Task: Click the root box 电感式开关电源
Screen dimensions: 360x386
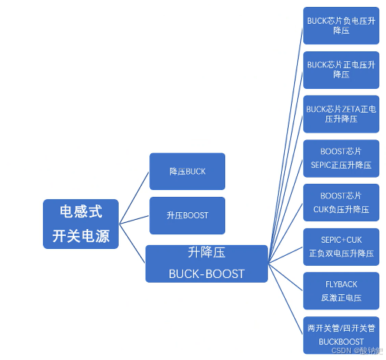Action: tap(80, 224)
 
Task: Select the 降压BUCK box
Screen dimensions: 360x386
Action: tap(187, 171)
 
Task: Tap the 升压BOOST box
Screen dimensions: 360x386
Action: tap(187, 215)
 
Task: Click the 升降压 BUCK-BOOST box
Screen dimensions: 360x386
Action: tap(206, 263)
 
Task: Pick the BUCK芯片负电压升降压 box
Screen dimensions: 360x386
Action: tap(341, 25)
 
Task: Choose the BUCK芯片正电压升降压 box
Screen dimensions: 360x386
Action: tap(341, 70)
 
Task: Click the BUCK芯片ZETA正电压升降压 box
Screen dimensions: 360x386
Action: tap(341, 113)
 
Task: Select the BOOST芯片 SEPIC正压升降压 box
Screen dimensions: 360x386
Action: tap(341, 158)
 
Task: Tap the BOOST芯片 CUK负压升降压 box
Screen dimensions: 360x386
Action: tap(341, 202)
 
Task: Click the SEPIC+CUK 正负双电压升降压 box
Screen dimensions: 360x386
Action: tap(341, 246)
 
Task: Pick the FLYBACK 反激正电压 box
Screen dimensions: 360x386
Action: tap(341, 290)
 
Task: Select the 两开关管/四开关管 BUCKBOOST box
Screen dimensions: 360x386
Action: tap(341, 334)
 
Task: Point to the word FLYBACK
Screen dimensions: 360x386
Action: tap(341, 284)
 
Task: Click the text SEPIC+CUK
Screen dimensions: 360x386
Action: tap(341, 240)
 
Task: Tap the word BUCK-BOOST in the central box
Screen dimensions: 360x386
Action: tap(206, 273)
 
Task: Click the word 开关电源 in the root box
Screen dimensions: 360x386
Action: tap(80, 237)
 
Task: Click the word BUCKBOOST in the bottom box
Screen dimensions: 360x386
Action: tap(341, 342)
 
